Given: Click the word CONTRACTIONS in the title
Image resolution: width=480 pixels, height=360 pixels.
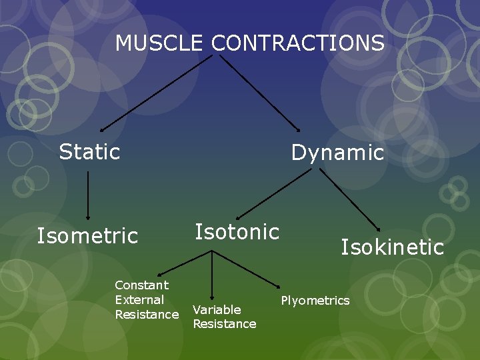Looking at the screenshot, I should tap(298, 43).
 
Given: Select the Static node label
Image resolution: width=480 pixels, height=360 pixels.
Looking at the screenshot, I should tap(89, 152).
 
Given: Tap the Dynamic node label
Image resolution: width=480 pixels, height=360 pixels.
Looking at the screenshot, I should tap(337, 153).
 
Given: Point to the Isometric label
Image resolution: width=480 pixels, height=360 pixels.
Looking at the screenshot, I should tap(87, 236).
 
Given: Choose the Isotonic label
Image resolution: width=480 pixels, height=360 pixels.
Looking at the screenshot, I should tap(237, 232).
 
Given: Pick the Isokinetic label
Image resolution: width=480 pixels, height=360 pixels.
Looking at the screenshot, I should tap(392, 247).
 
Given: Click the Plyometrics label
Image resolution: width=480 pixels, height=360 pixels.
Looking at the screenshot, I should tap(315, 301).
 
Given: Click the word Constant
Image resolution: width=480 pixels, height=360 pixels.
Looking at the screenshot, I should tap(141, 285).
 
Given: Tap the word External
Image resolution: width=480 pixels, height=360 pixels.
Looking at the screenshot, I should tap(139, 300).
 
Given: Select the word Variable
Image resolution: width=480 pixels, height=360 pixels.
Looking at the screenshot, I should tap(217, 309).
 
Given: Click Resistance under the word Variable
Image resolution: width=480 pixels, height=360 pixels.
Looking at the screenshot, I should tap(224, 324).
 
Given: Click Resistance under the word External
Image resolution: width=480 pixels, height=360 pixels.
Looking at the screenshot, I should tap(147, 314).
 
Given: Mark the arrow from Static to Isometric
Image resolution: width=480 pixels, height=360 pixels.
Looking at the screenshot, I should tap(88, 196).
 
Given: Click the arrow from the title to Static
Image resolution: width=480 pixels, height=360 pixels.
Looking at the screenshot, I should tap(156, 93).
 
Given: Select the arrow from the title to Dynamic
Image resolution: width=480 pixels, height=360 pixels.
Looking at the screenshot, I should tap(260, 93).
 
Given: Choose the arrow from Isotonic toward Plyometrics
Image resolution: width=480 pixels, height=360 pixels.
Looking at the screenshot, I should tap(245, 266).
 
